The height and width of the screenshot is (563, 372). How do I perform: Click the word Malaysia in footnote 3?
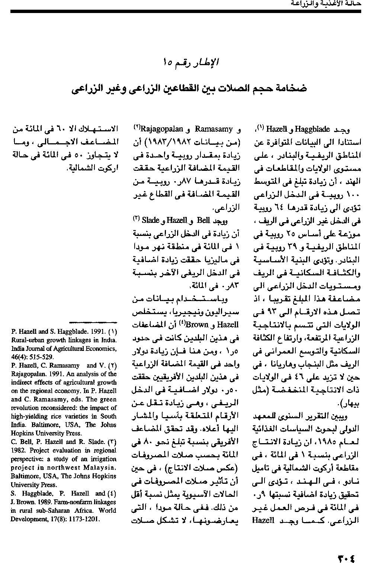click(102, 468)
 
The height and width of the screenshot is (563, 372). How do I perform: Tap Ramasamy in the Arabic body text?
click(214, 129)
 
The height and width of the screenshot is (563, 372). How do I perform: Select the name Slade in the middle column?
click(151, 220)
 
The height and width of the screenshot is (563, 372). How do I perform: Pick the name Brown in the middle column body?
click(198, 324)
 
